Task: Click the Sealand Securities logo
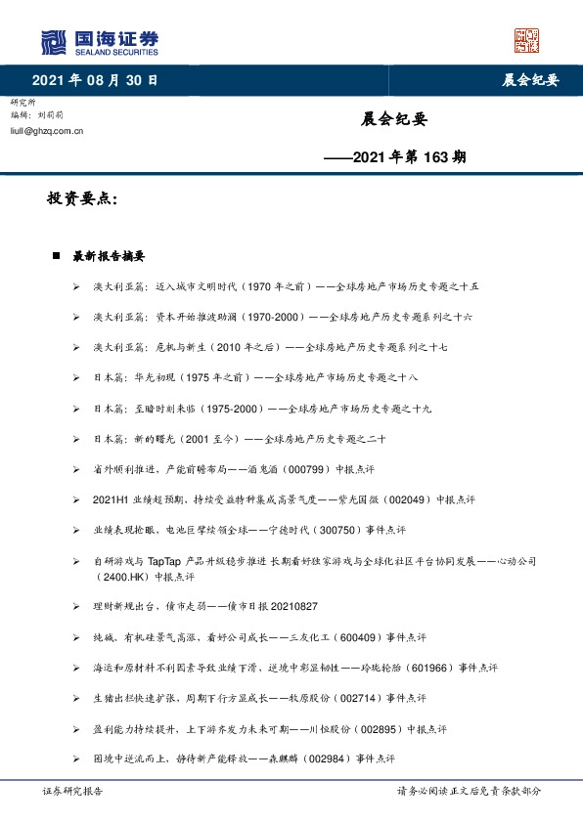tap(100, 41)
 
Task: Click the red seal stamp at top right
tap(527, 40)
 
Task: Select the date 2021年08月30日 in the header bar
tap(95, 80)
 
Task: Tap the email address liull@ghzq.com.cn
tap(46, 129)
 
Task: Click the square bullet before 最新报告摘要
tap(57, 256)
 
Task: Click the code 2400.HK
tap(113, 576)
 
